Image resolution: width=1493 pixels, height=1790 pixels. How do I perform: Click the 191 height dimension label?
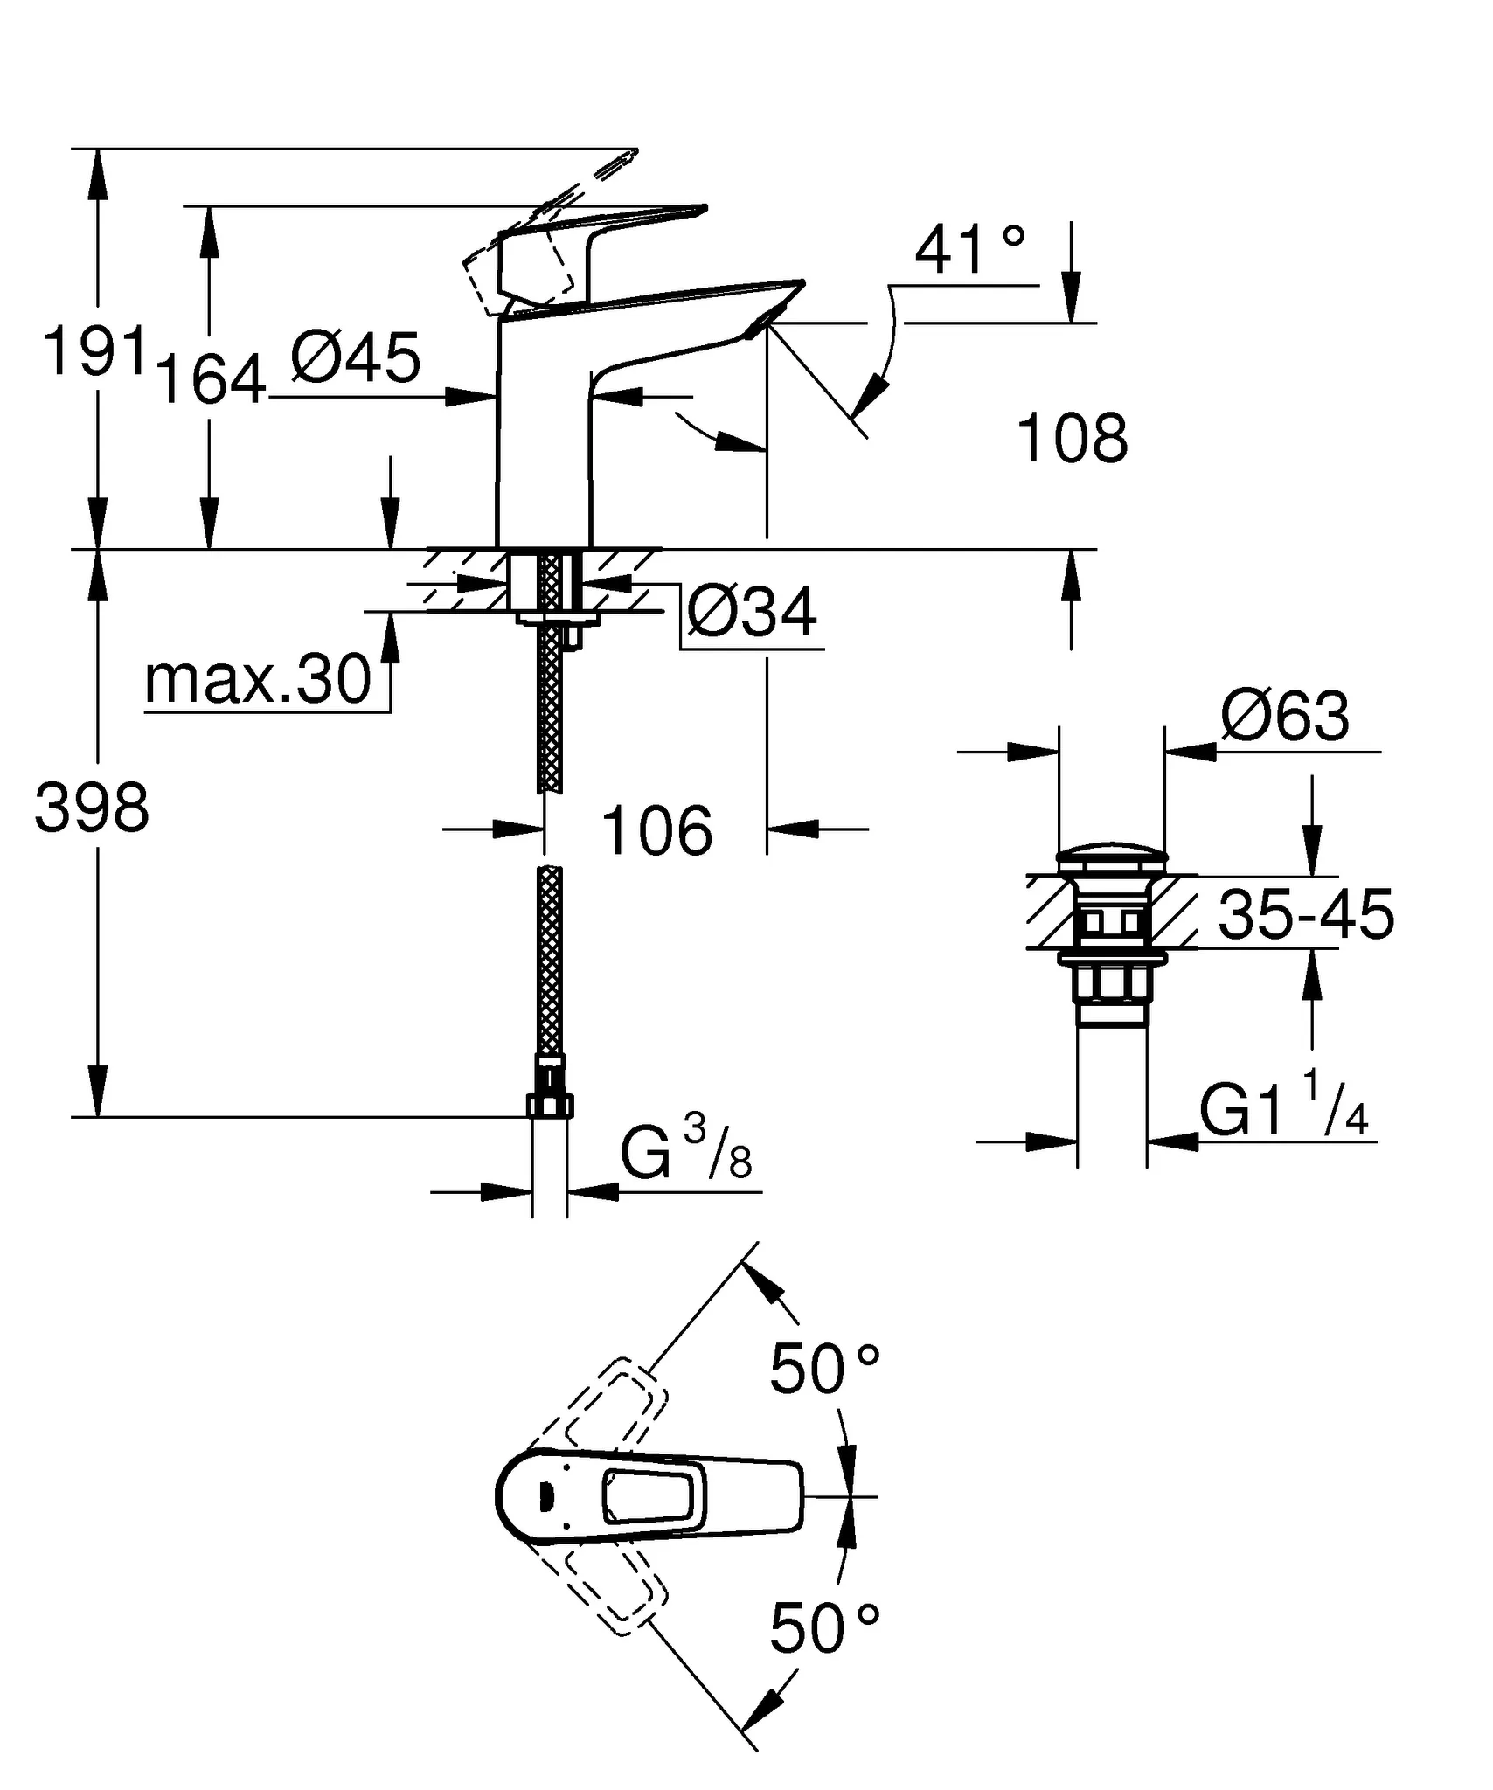94,352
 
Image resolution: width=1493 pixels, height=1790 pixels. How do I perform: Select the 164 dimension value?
211,380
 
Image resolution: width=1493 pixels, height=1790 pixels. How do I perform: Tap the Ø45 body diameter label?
356,358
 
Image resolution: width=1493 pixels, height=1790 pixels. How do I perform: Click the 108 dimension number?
1073,440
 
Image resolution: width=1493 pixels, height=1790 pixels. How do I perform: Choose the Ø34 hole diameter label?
752,612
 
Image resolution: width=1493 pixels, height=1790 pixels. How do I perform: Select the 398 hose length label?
92,808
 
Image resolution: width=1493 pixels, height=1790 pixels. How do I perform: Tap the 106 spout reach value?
657,830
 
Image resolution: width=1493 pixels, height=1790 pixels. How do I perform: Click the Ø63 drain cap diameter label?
1285,717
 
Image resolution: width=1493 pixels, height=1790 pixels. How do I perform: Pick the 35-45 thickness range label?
1306,916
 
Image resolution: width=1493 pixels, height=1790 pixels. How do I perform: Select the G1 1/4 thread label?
1283,1110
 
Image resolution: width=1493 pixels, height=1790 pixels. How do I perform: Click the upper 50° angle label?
824,1370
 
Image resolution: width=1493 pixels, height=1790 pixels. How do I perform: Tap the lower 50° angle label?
824,1629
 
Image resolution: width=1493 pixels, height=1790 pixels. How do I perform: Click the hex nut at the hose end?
550,1106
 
